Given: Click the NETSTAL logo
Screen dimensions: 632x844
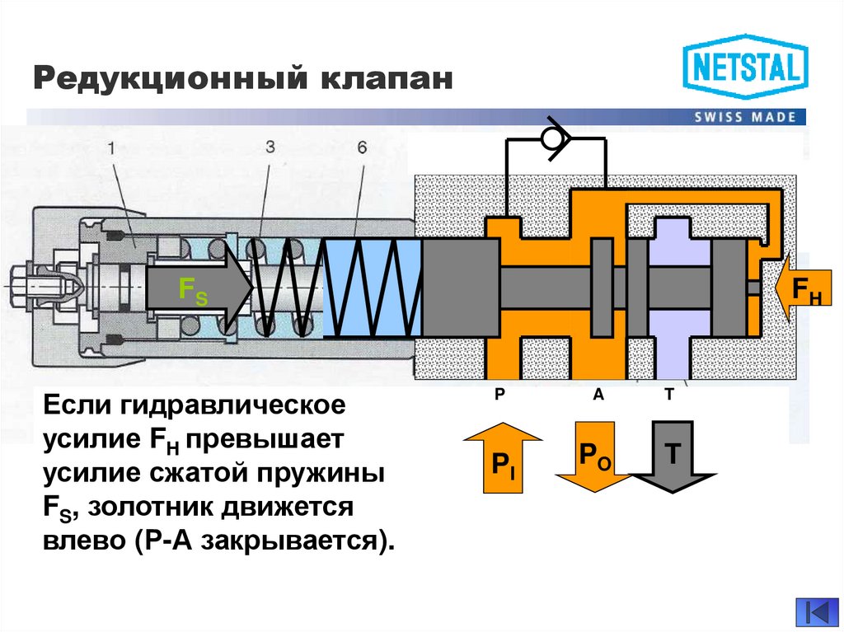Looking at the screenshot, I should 745,67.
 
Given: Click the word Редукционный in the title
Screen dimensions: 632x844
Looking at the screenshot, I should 166,80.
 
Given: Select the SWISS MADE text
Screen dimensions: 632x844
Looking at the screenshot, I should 744,117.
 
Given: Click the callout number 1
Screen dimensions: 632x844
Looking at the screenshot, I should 112,148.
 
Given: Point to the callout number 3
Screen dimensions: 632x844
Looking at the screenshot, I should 270,148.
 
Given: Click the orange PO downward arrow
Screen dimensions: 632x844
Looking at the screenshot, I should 591,457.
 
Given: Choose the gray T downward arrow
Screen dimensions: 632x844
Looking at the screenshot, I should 672,456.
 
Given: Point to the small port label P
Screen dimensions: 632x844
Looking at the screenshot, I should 499,396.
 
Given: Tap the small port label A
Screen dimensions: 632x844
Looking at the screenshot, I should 598,396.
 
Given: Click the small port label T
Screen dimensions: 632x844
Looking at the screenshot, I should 669,396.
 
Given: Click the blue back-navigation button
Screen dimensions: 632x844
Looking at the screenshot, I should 816,611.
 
